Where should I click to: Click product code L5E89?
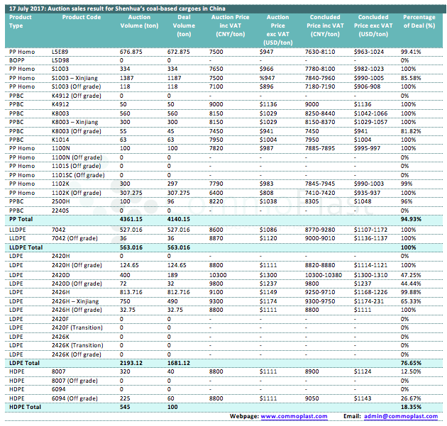[60, 52]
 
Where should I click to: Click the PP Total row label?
[23, 219]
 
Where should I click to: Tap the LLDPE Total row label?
[26, 246]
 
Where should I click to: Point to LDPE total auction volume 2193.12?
[132, 362]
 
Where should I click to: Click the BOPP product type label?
[17, 60]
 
